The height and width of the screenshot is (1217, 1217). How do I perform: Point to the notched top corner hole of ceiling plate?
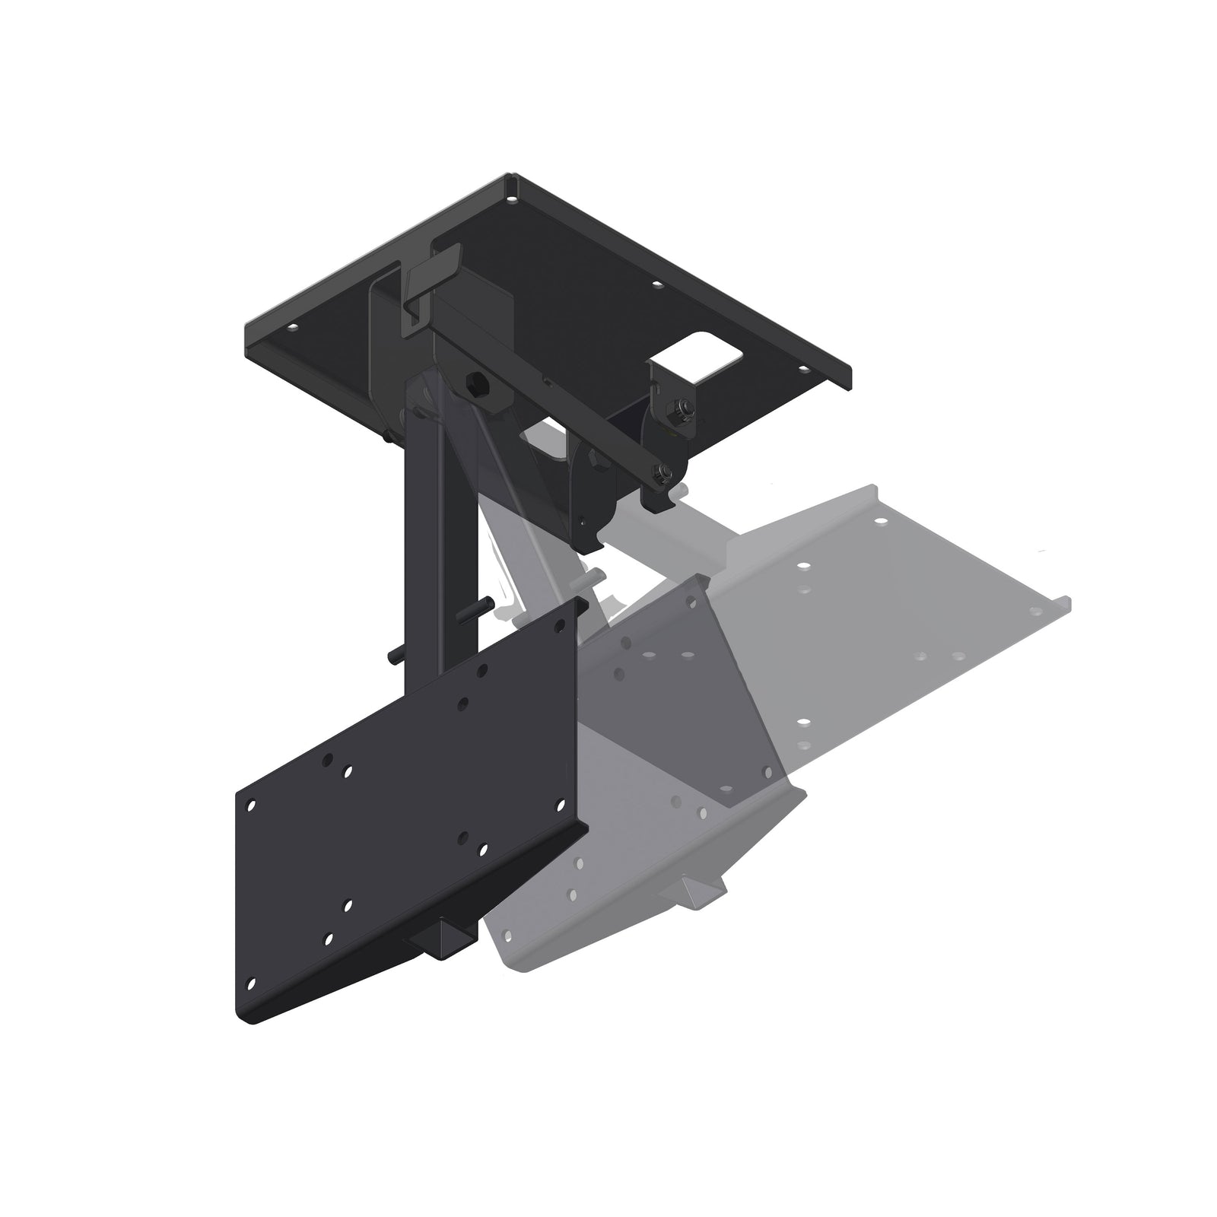point(514,201)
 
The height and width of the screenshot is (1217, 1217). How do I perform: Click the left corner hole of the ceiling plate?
point(291,329)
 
